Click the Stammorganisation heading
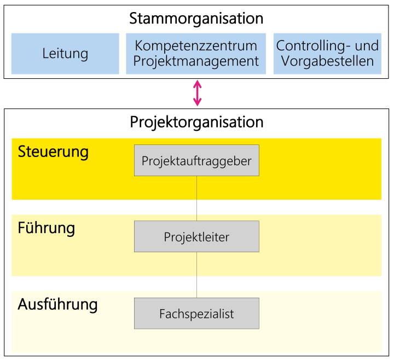click(x=196, y=19)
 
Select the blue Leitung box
click(x=65, y=54)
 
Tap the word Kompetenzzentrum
click(x=196, y=46)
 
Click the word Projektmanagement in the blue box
click(x=196, y=61)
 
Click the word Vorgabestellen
click(x=327, y=61)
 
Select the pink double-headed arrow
click(x=197, y=93)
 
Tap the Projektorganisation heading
click(x=196, y=123)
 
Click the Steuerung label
click(x=53, y=152)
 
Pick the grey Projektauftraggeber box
click(x=196, y=160)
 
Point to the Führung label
click(x=47, y=229)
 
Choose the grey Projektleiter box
click(x=196, y=236)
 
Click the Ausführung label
click(x=57, y=305)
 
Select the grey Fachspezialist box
click(x=196, y=313)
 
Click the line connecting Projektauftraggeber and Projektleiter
click(x=197, y=198)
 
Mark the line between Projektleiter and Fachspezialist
click(x=197, y=275)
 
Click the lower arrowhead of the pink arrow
click(x=197, y=102)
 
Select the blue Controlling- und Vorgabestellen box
click(x=327, y=54)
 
